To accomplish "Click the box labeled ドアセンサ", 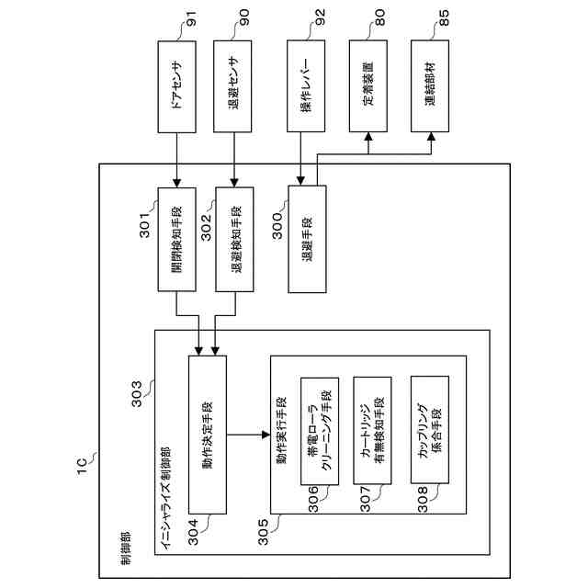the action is coord(176,86).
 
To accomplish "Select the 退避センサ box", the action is coord(232,86).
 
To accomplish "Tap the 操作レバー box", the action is coord(306,85).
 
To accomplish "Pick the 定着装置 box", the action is coord(368,85).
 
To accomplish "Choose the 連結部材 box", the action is coord(430,85).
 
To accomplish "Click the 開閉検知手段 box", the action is coord(176,239).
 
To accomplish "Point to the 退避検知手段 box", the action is coord(234,239).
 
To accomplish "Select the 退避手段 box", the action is coord(307,239).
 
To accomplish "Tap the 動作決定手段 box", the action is coord(208,435).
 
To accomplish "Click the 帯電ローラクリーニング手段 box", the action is coord(320,431).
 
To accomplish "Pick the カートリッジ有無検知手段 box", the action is coord(372,431).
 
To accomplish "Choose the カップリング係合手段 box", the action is coord(430,430).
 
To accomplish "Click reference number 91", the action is coord(191,18).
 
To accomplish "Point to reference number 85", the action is coord(443,17).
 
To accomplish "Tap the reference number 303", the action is coord(137,394).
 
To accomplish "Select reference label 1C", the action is coord(82,467).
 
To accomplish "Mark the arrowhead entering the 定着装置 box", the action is coord(368,137).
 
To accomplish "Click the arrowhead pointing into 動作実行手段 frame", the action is coord(266,435).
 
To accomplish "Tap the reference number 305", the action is coord(264,532).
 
